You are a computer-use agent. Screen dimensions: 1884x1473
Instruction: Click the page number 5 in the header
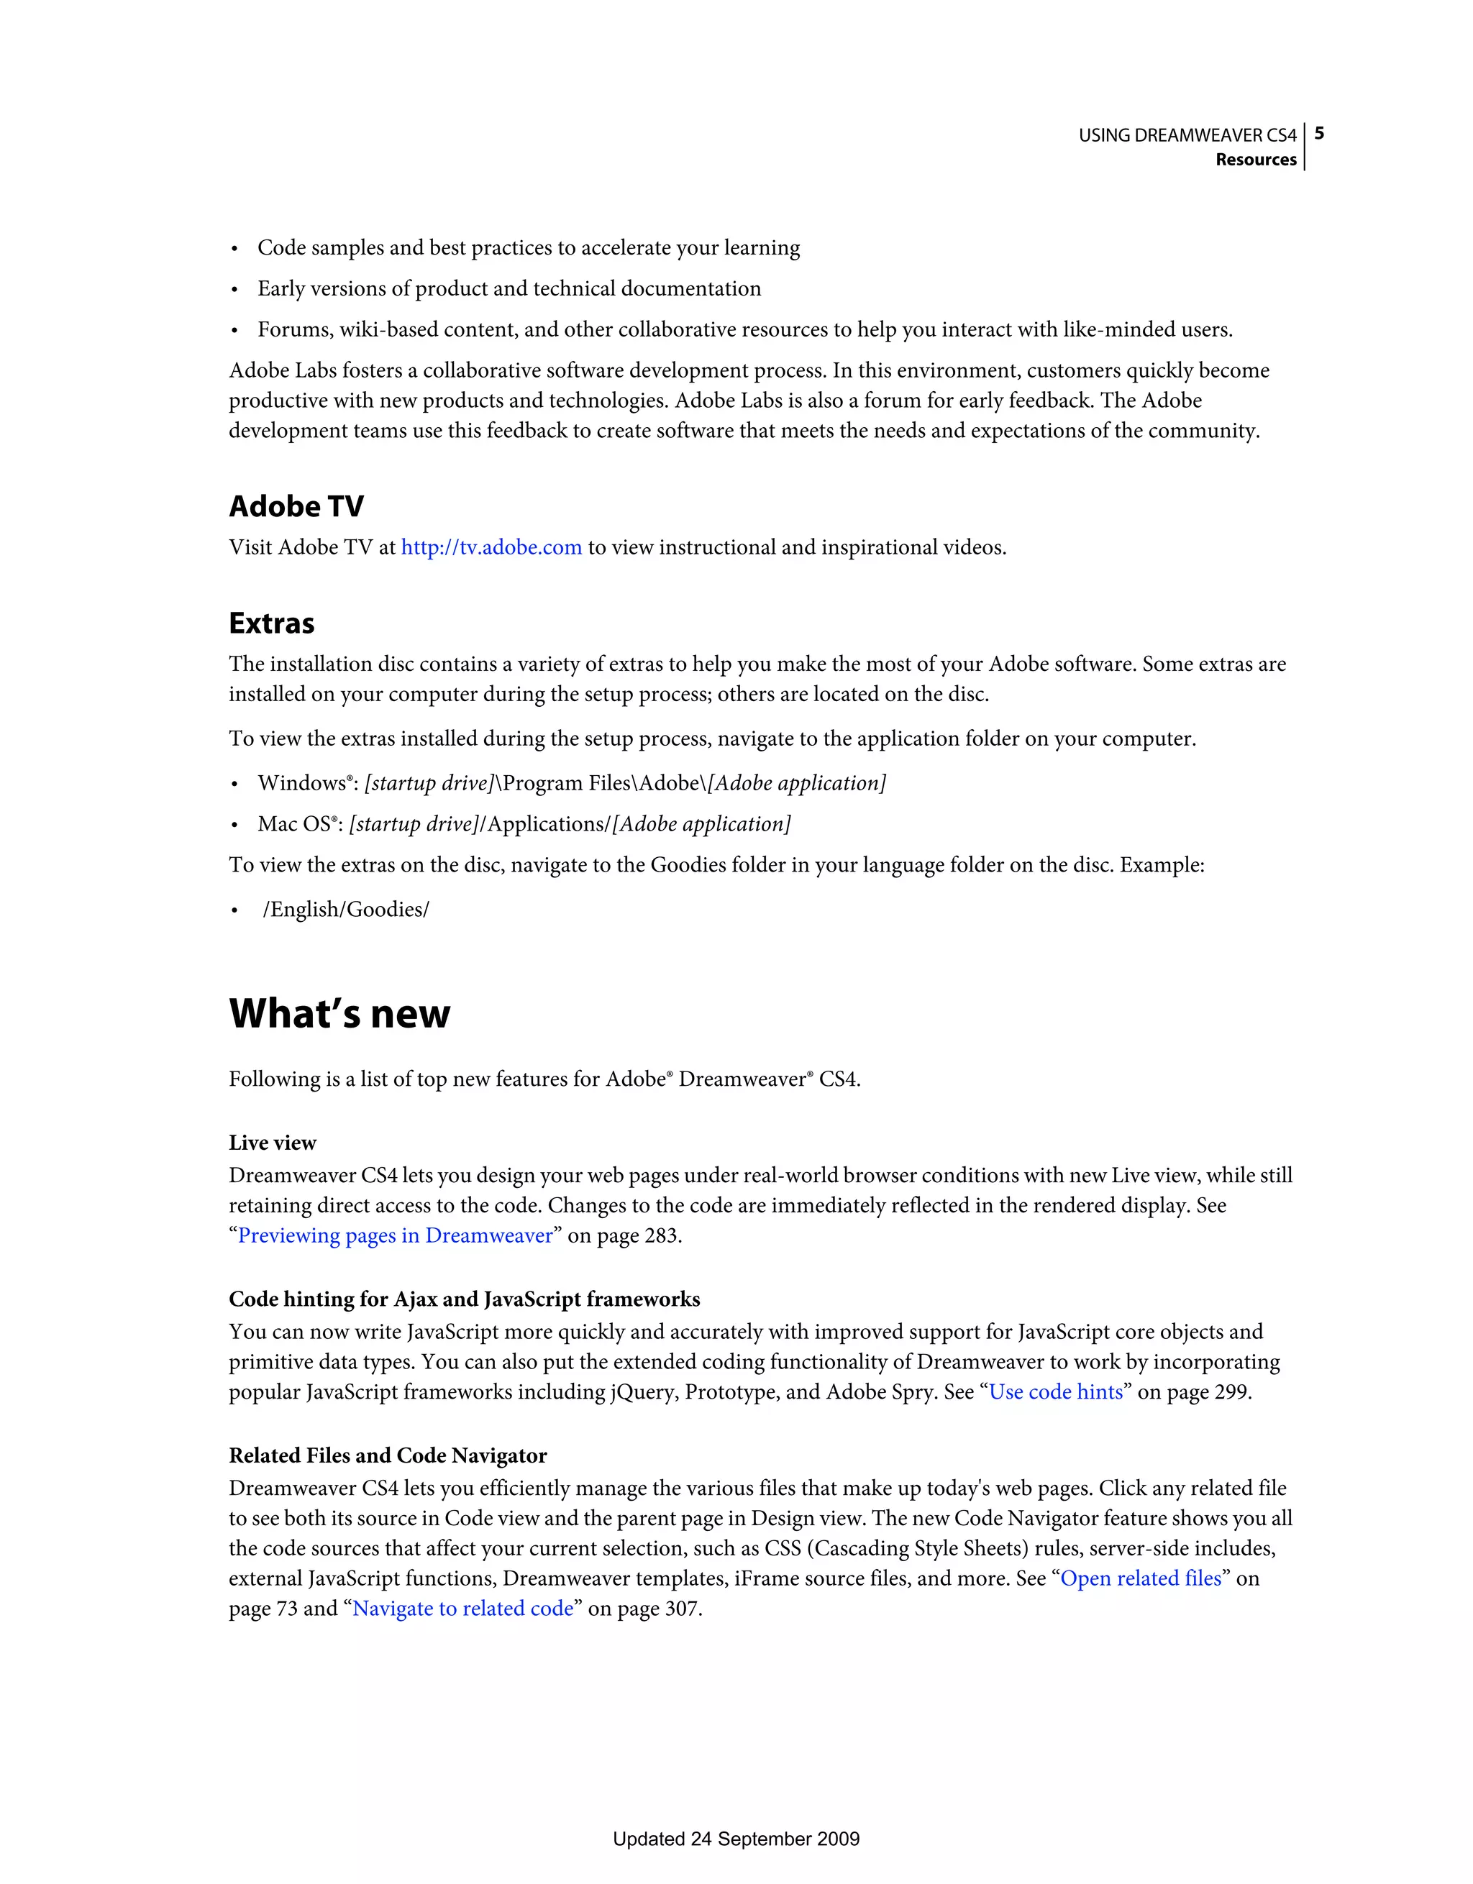point(1318,134)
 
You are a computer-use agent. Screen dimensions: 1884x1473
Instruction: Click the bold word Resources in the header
point(1256,160)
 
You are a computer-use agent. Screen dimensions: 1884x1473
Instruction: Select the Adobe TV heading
point(296,506)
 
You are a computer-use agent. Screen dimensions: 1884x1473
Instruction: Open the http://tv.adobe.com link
point(491,548)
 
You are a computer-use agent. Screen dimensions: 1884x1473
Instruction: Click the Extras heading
point(271,623)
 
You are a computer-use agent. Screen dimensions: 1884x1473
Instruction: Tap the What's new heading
point(339,1014)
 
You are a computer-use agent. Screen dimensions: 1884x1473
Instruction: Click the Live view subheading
point(272,1143)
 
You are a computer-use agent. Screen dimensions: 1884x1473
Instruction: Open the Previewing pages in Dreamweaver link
point(395,1235)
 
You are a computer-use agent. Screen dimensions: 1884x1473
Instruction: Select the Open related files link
point(1140,1578)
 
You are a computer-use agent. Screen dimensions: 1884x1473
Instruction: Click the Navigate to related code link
point(462,1608)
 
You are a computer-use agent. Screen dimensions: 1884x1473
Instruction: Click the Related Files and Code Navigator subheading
point(388,1455)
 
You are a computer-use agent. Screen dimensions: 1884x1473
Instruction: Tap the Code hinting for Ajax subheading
point(464,1299)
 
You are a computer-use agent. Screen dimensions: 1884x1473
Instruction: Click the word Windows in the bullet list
point(301,783)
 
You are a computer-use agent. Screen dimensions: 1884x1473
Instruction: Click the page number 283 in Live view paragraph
point(661,1235)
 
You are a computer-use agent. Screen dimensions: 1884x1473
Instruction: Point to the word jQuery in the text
point(642,1392)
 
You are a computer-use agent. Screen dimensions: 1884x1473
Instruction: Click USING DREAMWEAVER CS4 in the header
point(1187,135)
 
